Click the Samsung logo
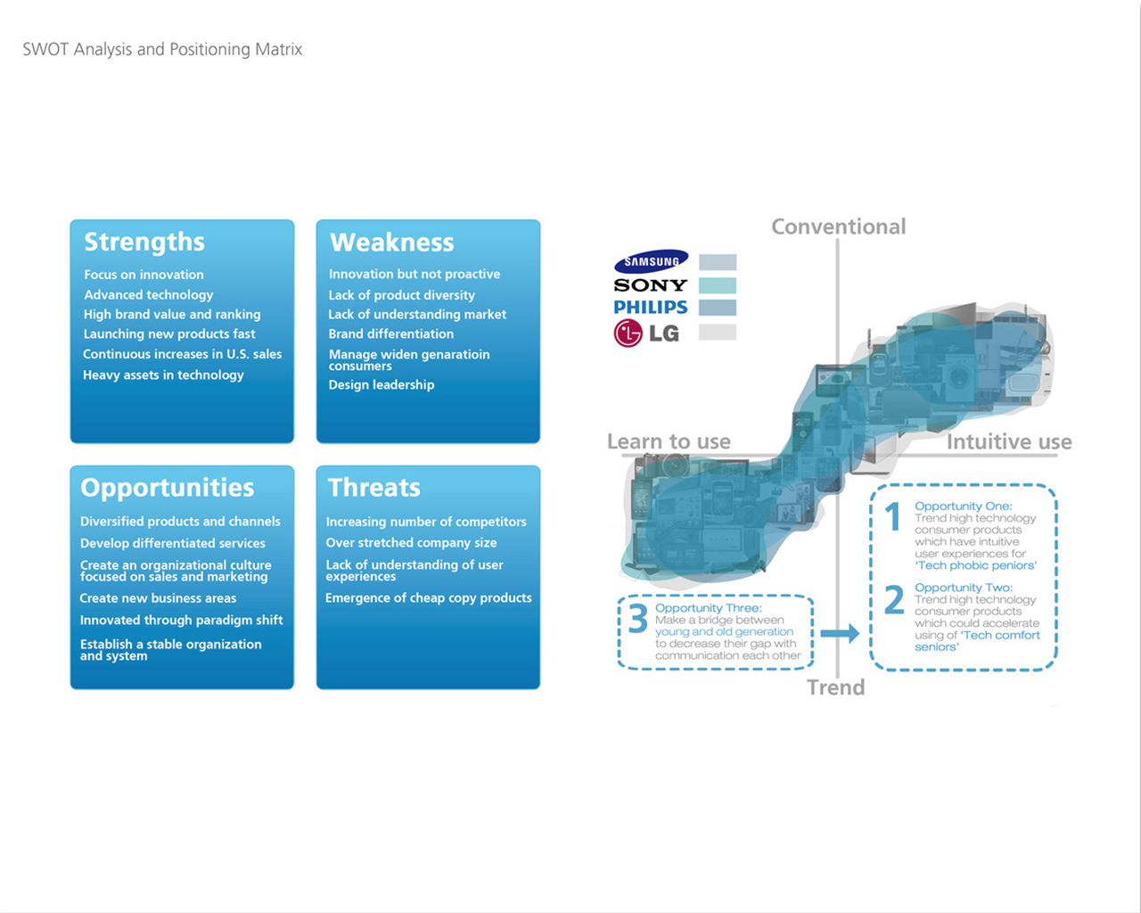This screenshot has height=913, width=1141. (651, 261)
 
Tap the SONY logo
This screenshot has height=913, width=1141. (651, 285)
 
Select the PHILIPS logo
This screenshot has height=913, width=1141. (651, 308)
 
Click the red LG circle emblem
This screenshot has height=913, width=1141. (628, 333)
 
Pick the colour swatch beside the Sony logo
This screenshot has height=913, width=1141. (718, 285)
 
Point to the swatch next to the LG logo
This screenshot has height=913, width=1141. (718, 332)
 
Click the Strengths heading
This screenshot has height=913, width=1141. (144, 243)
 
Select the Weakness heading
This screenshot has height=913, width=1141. (392, 243)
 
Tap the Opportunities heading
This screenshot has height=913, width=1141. (168, 488)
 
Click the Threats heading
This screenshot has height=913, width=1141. (374, 488)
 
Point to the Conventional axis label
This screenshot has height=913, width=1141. (839, 226)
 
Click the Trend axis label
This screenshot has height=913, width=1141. (836, 687)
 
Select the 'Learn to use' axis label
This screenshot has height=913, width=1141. (669, 441)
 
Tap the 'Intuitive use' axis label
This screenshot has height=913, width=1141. (1009, 442)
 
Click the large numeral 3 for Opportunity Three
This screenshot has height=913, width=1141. (638, 619)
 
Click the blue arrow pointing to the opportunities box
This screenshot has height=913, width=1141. (840, 633)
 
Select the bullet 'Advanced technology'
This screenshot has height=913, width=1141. (149, 295)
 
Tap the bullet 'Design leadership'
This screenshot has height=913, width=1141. (382, 384)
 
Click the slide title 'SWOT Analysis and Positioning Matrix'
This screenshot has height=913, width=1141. (162, 49)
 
